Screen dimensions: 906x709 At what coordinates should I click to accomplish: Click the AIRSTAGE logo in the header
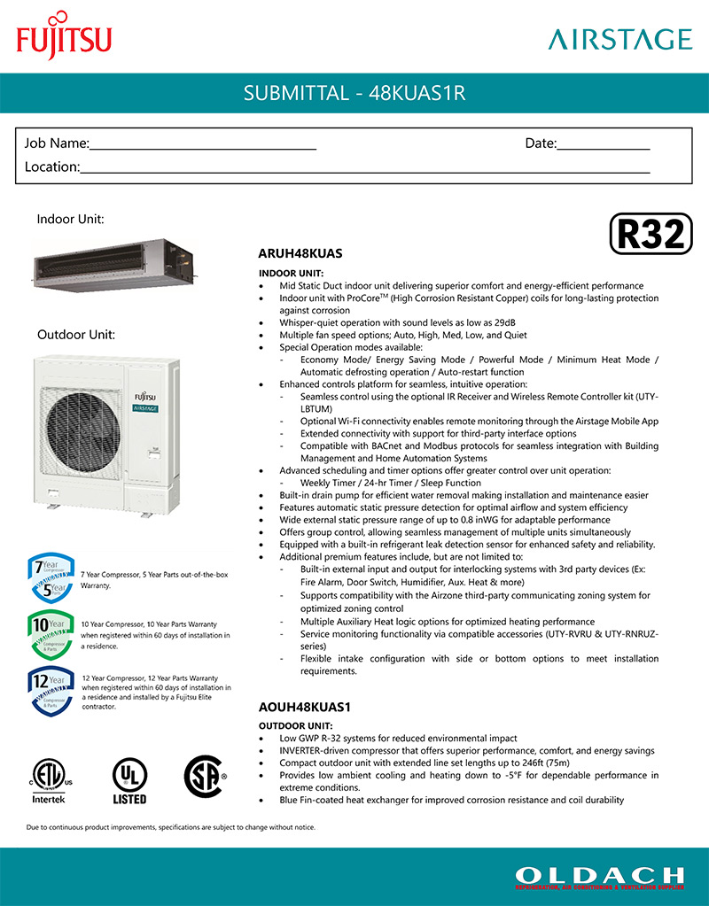(x=619, y=39)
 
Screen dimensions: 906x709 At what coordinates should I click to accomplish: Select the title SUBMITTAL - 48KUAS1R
(x=354, y=93)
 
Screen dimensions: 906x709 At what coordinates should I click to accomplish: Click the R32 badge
(x=651, y=234)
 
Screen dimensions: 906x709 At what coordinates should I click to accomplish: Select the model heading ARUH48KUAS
(x=300, y=253)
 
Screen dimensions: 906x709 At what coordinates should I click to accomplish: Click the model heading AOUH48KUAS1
(x=304, y=709)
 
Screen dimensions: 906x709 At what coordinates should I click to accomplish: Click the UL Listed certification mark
(x=129, y=780)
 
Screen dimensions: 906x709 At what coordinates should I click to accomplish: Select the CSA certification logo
(x=205, y=777)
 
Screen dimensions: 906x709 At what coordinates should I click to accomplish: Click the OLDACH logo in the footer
(x=599, y=877)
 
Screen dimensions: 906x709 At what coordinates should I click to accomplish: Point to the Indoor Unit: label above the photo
(x=71, y=218)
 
